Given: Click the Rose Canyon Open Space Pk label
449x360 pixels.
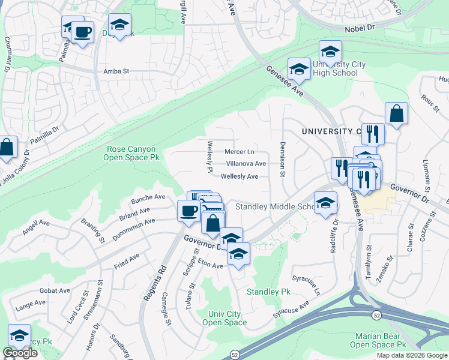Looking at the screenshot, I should (x=131, y=153).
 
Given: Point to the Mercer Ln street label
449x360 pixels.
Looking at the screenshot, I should (x=240, y=152).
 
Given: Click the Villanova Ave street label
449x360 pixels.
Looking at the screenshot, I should (x=246, y=163).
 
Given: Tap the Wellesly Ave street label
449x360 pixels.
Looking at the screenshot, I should (x=240, y=176).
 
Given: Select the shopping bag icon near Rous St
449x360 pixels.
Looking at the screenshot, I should (x=396, y=113).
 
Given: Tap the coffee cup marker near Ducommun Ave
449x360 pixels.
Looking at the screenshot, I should (x=189, y=211).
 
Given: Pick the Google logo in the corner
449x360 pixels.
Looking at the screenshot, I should (x=20, y=353).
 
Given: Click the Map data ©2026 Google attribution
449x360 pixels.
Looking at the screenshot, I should (x=412, y=355).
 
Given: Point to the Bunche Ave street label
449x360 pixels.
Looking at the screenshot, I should (x=151, y=197).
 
